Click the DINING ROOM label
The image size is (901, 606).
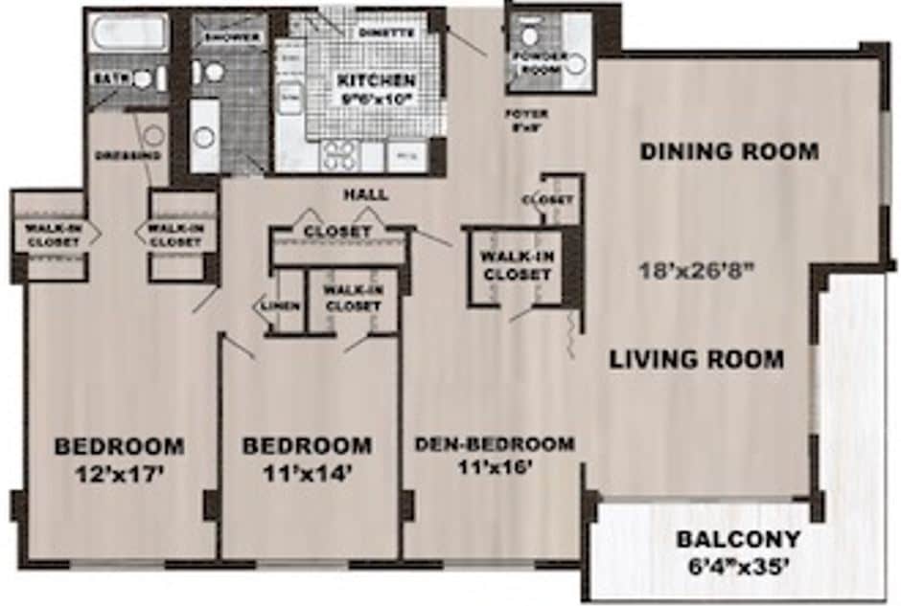coord(729,151)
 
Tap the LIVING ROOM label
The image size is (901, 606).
coord(697,360)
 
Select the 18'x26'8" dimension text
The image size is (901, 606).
coord(698,269)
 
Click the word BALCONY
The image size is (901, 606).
coord(738,539)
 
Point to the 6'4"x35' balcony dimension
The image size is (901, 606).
coord(738,566)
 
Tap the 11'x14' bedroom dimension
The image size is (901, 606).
coord(307,472)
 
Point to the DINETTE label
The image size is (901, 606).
coord(386,32)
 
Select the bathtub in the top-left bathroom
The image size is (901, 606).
coord(127,34)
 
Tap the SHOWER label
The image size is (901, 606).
coord(231,37)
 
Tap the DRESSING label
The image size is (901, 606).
coord(127,155)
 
